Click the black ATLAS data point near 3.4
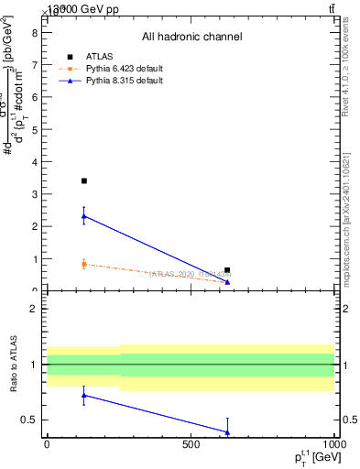[x=84, y=181]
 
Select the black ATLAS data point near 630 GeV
[x=227, y=270]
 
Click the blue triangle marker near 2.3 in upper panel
[x=84, y=216]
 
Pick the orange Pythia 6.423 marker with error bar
[x=84, y=264]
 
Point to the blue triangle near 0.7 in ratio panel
[x=84, y=396]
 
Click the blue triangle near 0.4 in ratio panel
[x=227, y=431]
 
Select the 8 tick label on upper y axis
[x=34, y=33]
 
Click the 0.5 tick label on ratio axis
[x=29, y=420]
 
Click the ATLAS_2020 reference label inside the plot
[x=191, y=273]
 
